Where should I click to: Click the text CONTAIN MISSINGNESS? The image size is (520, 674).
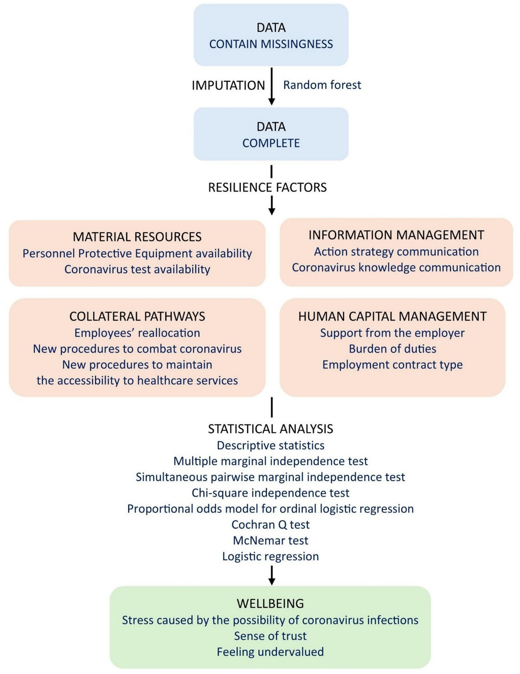(271, 44)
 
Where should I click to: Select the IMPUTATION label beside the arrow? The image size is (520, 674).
(228, 86)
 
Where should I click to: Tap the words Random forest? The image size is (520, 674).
(322, 85)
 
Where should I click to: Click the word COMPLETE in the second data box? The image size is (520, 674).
(271, 143)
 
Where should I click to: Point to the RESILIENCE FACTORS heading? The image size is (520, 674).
(267, 187)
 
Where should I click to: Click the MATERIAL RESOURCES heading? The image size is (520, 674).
(137, 237)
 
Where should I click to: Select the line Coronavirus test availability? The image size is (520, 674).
(137, 269)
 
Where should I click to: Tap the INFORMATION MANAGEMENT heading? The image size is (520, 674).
(396, 235)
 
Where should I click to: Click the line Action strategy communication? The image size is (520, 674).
(396, 252)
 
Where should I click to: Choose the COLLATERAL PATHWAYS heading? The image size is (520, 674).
(137, 316)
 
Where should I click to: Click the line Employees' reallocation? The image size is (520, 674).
(137, 333)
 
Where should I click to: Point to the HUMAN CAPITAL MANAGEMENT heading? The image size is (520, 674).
(392, 316)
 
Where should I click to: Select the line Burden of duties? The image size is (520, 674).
(392, 349)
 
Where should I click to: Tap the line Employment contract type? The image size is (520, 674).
(392, 365)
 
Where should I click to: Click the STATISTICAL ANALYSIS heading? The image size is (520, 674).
(270, 429)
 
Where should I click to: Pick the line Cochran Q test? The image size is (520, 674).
(270, 525)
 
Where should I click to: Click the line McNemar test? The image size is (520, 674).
(270, 540)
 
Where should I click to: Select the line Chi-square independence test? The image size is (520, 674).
(270, 493)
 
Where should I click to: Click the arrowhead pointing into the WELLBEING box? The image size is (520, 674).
(272, 581)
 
